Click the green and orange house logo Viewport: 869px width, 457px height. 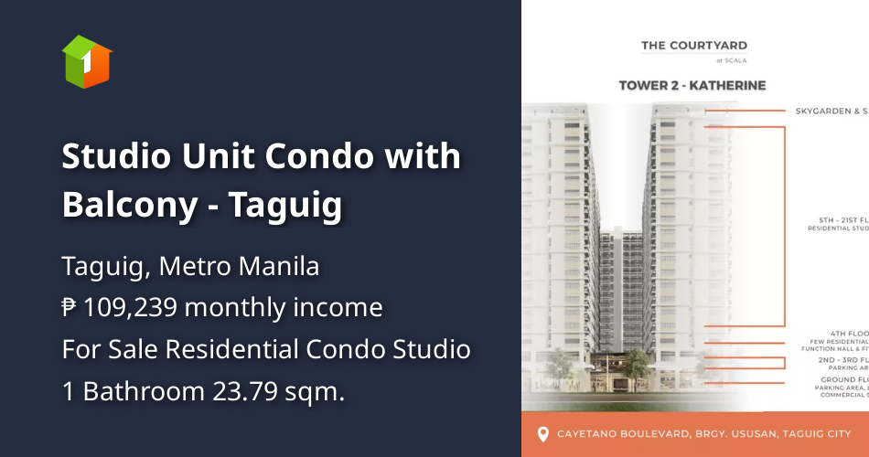(86, 61)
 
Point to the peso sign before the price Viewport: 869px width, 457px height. (70, 308)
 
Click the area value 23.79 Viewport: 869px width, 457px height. (243, 391)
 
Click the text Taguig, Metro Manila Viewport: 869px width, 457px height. (190, 267)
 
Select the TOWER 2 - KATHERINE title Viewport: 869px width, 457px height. (692, 85)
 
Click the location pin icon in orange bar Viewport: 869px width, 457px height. (542, 433)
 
